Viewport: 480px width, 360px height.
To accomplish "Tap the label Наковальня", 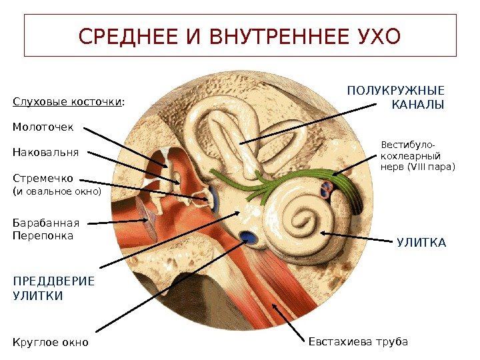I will pos(46,152).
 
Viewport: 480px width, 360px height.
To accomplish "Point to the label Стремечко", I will pos(43,178).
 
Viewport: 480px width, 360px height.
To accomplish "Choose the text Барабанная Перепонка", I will pos(46,229).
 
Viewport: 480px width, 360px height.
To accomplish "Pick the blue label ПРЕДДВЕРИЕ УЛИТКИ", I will pos(53,287).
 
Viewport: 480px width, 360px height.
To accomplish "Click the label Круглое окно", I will pos(51,343).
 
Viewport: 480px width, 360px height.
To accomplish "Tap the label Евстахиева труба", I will pos(358,341).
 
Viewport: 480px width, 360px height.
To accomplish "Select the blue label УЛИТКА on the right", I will pos(421,243).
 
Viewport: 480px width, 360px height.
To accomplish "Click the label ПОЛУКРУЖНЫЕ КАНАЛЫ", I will pos(396,97).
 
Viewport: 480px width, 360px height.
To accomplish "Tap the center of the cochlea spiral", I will pos(306,220).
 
